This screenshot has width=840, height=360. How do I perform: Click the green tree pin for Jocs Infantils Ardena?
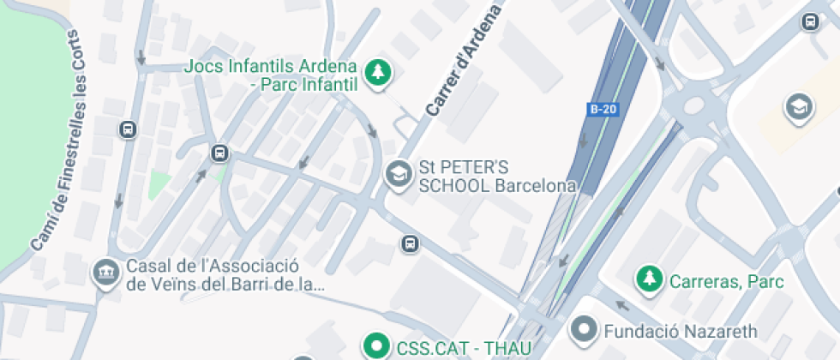[x=375, y=74]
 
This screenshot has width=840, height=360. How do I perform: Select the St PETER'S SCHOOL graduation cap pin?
[x=398, y=176]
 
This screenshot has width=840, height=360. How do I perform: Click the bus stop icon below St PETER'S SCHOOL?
[x=411, y=244]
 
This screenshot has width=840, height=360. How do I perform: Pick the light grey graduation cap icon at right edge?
[x=799, y=108]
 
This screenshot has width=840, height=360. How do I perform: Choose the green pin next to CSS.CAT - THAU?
[x=375, y=346]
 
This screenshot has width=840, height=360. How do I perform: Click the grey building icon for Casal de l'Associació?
[x=105, y=273]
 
